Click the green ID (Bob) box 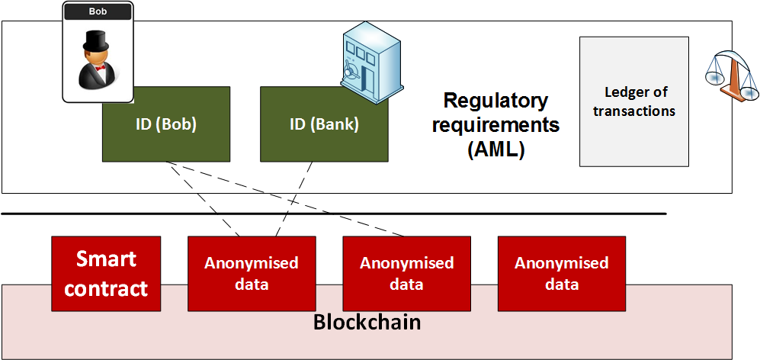(165, 124)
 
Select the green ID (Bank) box (324, 124)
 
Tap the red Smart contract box (106, 274)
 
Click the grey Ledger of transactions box (634, 102)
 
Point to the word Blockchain (367, 322)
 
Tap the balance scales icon (732, 73)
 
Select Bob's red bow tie (101, 69)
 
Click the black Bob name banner (98, 12)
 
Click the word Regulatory (496, 101)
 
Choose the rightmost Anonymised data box (562, 274)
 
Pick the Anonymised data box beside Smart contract (252, 274)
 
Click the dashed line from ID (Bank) (293, 199)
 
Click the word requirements (496, 126)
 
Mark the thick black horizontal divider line (333, 214)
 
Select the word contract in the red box (106, 288)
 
